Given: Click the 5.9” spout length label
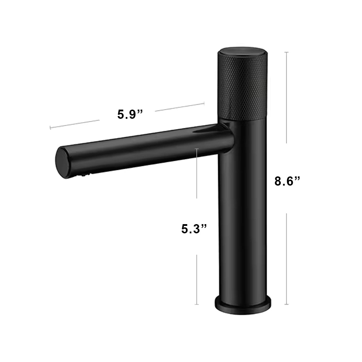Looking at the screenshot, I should [130, 114].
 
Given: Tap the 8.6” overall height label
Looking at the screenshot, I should [287, 181].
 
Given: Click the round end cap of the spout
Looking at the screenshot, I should [63, 163].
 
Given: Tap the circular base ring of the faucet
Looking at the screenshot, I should [243, 306].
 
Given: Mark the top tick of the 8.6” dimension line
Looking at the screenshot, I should [287, 52].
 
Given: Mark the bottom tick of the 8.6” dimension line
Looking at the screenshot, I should [287, 304].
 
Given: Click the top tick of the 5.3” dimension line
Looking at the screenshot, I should [197, 149].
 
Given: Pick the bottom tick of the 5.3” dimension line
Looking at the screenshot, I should [197, 304].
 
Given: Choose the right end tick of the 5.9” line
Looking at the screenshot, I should [204, 103].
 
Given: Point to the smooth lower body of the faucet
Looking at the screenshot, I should [242, 212].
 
